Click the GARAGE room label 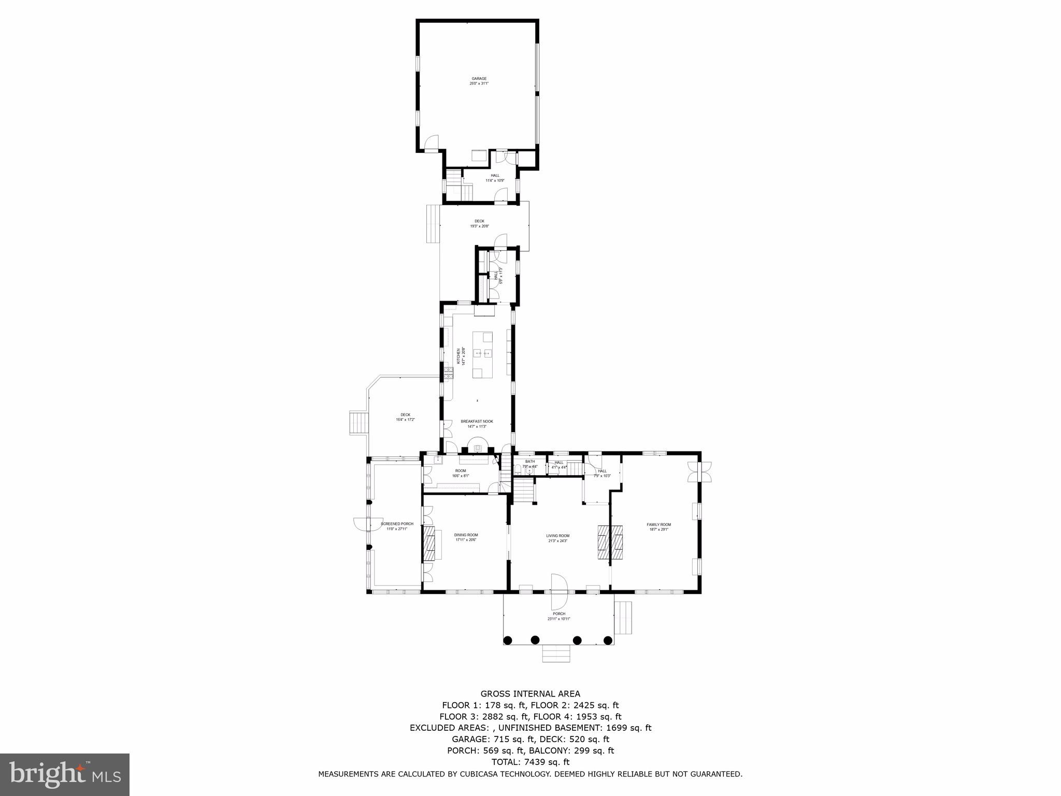(x=479, y=79)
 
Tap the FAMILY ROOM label (x=658, y=524)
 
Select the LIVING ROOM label (x=557, y=536)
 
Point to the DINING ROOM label (x=466, y=535)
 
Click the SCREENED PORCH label (x=397, y=524)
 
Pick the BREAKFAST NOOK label (x=477, y=421)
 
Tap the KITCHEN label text (x=458, y=357)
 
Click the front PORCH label (x=559, y=614)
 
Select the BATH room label (x=529, y=461)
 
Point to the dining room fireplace (x=429, y=544)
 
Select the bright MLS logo (x=64, y=775)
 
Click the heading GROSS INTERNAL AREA (x=530, y=693)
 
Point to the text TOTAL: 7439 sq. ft (x=530, y=762)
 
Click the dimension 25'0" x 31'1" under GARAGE (x=479, y=83)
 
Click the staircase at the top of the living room (x=524, y=490)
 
